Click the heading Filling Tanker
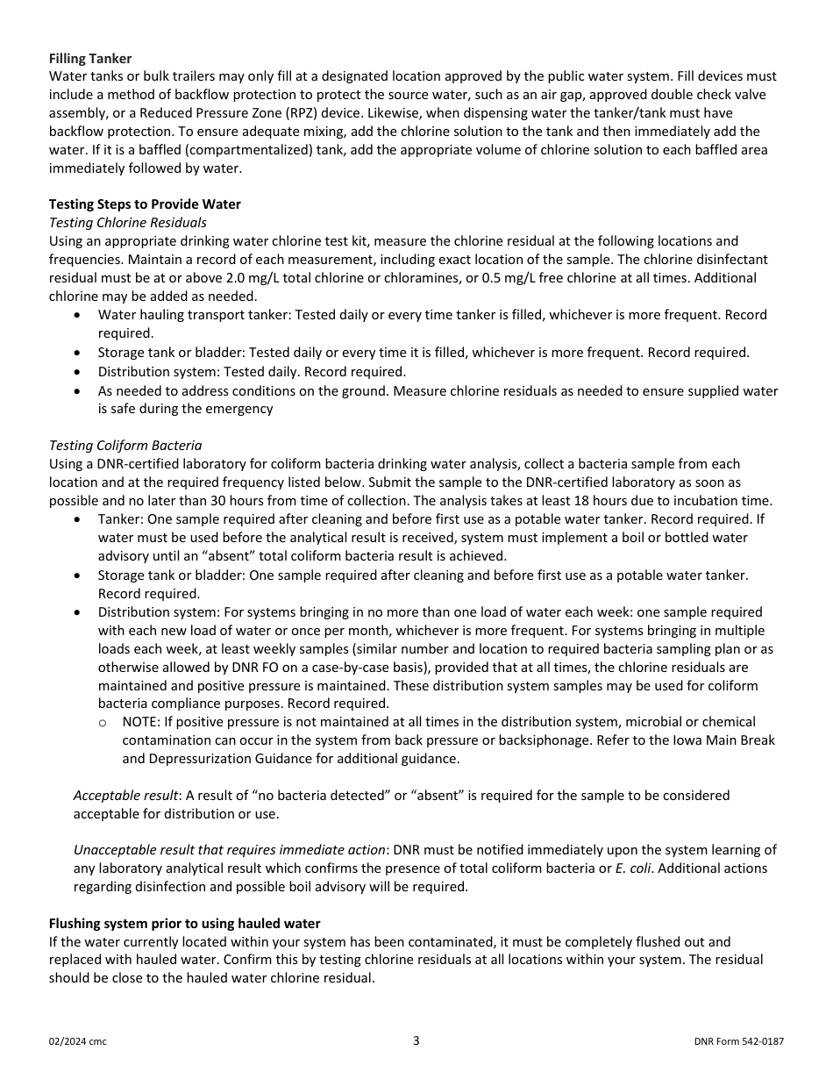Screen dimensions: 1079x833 point(90,59)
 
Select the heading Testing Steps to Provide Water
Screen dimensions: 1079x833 point(145,204)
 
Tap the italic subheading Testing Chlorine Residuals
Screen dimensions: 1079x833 point(128,223)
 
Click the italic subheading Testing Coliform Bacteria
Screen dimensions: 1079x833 point(125,446)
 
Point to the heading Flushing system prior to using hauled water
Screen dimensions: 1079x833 point(184,924)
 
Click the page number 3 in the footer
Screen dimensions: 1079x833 point(416,1041)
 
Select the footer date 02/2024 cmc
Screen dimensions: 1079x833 point(78,1042)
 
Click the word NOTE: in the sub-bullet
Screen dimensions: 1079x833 point(141,722)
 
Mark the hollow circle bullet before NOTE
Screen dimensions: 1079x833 point(103,723)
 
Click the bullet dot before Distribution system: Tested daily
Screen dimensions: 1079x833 point(80,372)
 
